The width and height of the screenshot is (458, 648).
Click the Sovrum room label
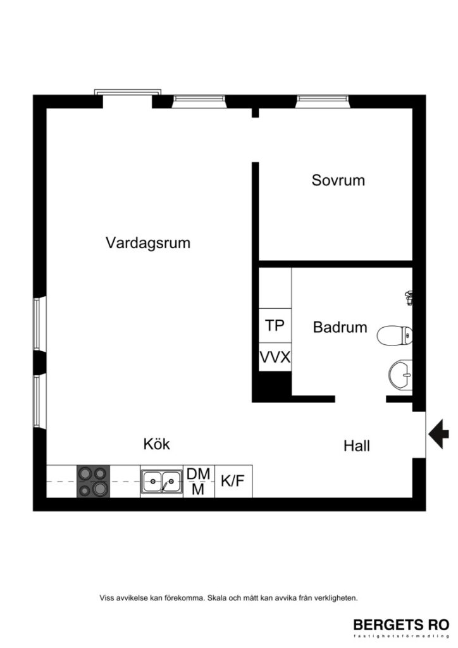[x=338, y=180]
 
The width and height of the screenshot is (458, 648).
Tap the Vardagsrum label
[x=148, y=242]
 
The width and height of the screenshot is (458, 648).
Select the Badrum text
[x=340, y=327]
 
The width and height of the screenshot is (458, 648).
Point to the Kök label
[x=156, y=444]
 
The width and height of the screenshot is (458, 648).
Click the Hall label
[x=357, y=445]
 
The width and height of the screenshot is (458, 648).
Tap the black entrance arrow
[x=438, y=435]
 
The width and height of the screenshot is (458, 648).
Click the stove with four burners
[x=93, y=482]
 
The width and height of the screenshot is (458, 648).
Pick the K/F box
[x=232, y=482]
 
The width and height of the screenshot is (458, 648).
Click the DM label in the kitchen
[x=198, y=474]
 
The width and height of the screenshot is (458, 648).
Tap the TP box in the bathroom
[x=275, y=326]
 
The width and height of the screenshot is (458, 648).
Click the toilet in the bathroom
[x=393, y=336]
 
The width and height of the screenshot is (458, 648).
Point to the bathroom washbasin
[x=400, y=374]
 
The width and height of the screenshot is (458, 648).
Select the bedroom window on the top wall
[x=322, y=99]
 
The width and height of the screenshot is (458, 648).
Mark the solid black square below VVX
[x=271, y=386]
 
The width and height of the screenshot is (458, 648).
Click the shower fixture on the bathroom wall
[x=409, y=296]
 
